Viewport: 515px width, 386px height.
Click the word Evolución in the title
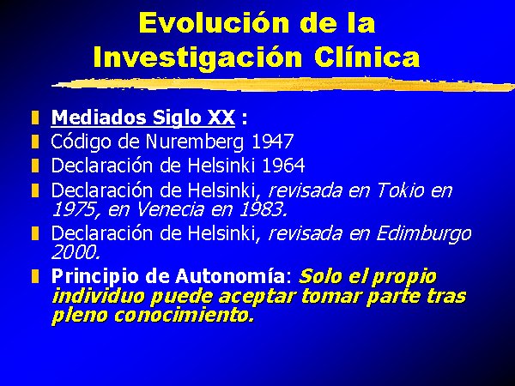(x=214, y=22)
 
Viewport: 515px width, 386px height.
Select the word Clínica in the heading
(x=367, y=57)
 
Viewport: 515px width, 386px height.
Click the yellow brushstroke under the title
(x=283, y=84)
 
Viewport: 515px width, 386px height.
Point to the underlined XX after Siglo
(x=221, y=118)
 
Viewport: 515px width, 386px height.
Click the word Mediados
(x=99, y=118)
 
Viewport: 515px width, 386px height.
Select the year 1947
(x=273, y=142)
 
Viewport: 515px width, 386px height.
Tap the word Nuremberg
(x=195, y=142)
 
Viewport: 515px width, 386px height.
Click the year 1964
(x=283, y=165)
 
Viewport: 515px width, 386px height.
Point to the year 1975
(x=74, y=209)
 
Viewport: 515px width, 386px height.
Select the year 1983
(x=264, y=209)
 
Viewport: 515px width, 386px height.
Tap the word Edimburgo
(x=424, y=234)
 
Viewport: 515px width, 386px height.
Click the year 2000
(x=76, y=252)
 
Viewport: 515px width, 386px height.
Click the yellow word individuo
(x=98, y=295)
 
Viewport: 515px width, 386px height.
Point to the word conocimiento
(x=185, y=315)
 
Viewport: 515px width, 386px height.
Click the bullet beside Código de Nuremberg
(x=35, y=142)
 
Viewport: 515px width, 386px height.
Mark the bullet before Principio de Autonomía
(x=35, y=276)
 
